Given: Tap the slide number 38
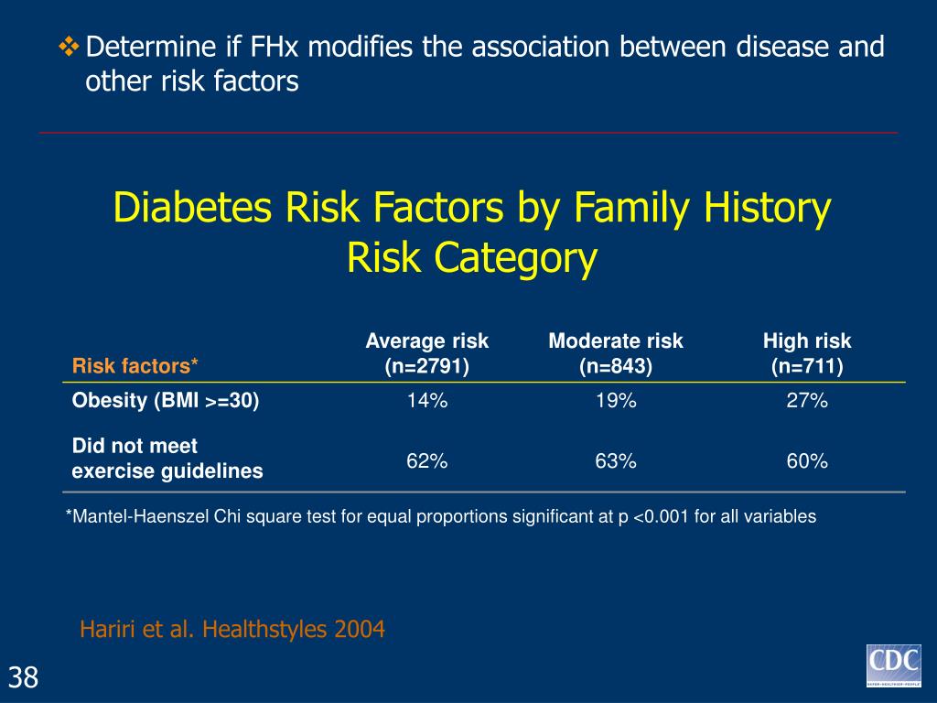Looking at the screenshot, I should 24,677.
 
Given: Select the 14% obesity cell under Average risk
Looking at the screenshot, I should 427,401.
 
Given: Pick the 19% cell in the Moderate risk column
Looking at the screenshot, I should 615,401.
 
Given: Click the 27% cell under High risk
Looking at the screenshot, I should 807,401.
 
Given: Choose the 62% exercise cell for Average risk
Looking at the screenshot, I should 427,461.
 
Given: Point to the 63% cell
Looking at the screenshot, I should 615,461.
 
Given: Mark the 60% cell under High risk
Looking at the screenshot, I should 807,461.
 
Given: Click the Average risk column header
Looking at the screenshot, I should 427,354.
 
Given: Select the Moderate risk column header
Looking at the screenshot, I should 615,354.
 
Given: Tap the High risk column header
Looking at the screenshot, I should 807,354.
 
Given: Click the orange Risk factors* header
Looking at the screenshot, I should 135,367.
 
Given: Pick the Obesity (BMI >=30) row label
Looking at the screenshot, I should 166,401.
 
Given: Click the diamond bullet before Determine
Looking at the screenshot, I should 70,47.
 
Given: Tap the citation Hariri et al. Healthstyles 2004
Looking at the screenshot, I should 232,630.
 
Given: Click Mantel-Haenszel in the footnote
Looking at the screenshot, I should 129,516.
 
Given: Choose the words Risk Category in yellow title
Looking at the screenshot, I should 471,259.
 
